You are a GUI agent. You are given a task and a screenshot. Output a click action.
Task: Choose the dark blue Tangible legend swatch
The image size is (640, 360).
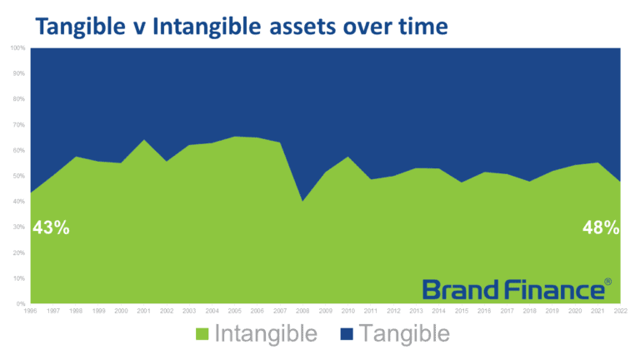pyautogui.click(x=348, y=335)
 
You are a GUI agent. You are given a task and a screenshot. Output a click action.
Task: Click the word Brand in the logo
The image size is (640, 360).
pyautogui.click(x=463, y=289)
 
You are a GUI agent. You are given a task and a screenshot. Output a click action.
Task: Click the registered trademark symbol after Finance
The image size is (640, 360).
pyautogui.click(x=607, y=283)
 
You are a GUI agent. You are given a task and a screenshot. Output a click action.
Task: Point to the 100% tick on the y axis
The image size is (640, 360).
pyautogui.click(x=17, y=48)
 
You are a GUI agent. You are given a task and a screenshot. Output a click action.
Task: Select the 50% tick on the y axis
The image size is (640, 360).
pyautogui.click(x=18, y=176)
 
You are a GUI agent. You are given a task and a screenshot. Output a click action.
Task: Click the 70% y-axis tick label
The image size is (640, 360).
pyautogui.click(x=18, y=125)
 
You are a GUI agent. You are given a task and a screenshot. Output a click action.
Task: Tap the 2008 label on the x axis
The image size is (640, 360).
pyautogui.click(x=302, y=310)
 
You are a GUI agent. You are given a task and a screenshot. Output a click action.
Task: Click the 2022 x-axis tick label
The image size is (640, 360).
pyautogui.click(x=619, y=310)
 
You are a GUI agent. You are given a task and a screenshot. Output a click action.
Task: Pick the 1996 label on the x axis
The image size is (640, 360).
pyautogui.click(x=31, y=310)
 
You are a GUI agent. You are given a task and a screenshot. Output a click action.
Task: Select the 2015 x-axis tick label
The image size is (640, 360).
pyautogui.click(x=461, y=310)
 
